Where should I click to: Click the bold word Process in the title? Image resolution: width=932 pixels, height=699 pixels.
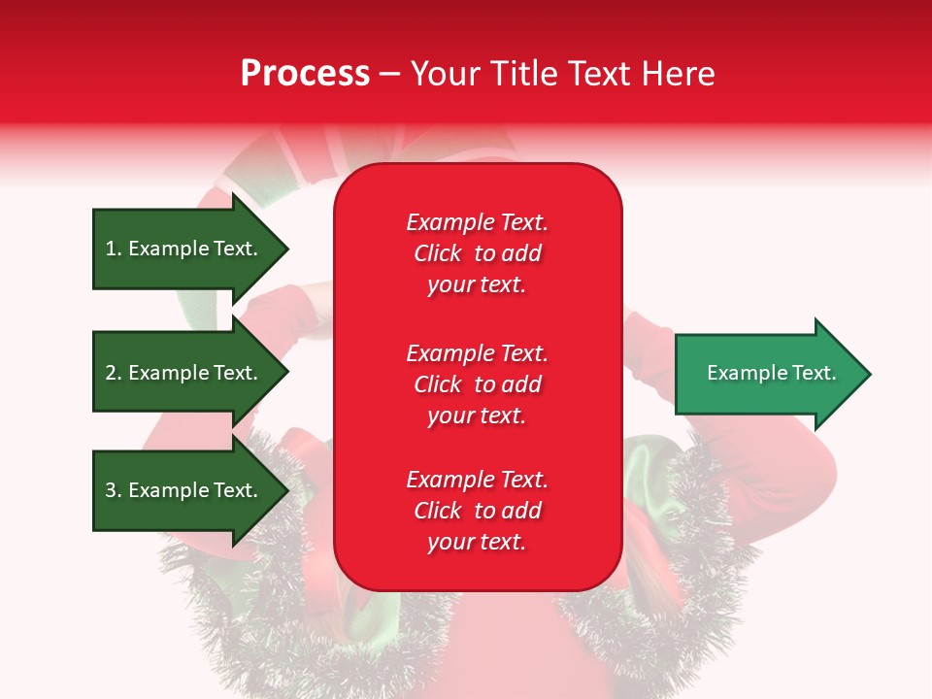point(305,74)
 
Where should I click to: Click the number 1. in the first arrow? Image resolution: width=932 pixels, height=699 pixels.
point(114,249)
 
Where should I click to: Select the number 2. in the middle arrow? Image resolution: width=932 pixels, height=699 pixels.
point(114,373)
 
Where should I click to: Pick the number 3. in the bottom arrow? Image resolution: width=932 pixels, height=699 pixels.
point(114,490)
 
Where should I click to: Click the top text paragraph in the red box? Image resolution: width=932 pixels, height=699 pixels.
point(477,253)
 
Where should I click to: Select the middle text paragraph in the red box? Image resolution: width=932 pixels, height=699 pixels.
point(477,384)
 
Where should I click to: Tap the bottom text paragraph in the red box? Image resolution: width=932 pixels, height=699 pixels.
point(477,511)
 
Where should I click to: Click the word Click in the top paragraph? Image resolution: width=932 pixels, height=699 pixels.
point(437,253)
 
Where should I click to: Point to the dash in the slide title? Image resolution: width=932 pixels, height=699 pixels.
point(389,74)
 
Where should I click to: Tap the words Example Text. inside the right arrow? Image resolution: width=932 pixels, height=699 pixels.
point(771,373)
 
